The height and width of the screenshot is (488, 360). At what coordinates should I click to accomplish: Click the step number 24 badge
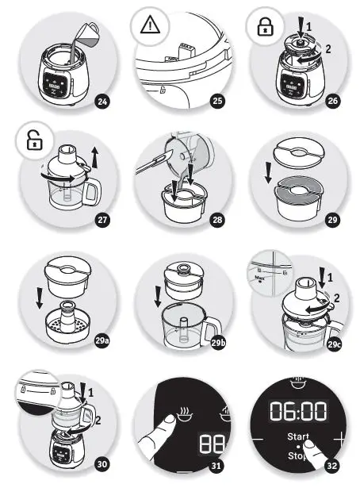(x=101, y=101)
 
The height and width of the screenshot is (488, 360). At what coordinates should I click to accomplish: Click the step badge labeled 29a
(x=101, y=341)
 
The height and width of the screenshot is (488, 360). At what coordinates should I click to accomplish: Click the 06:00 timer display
(x=298, y=410)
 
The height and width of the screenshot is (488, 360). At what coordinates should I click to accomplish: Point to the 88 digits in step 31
(x=210, y=442)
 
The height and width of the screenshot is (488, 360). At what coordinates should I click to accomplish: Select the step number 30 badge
(x=101, y=463)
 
